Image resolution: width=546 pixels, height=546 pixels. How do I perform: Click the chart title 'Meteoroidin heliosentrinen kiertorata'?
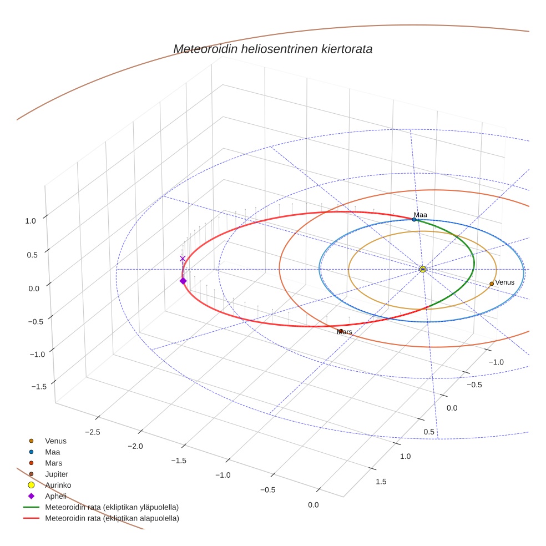point(272,49)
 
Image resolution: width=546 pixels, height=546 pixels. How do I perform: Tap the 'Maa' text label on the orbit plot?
point(420,215)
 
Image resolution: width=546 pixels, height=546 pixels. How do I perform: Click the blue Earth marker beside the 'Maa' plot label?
point(414,219)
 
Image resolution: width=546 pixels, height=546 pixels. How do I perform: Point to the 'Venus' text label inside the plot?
point(504,282)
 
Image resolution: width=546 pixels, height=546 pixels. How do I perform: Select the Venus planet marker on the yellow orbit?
point(492,284)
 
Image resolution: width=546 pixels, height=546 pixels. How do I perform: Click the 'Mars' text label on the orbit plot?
point(345,332)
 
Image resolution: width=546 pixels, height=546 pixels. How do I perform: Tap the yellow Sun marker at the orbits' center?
point(423,269)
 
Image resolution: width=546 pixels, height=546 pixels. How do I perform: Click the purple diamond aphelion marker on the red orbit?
point(183,281)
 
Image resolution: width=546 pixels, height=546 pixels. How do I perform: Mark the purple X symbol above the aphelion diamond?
point(183,259)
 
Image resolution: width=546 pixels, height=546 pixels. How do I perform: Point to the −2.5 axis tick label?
point(93,432)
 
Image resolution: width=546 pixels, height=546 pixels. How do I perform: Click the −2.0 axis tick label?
point(135,446)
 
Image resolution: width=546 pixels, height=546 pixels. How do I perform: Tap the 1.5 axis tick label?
point(381,482)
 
